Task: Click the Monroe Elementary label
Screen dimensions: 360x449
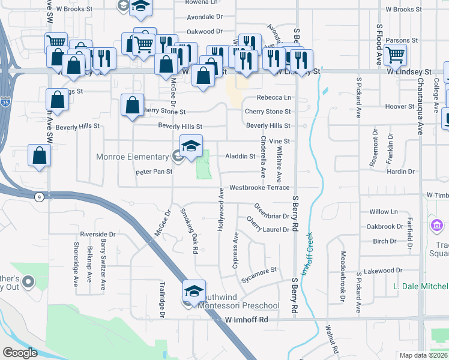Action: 133,157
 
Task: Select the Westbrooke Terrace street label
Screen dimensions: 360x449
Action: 259,188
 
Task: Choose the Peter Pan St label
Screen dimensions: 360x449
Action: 154,172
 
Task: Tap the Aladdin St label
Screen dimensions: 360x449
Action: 240,156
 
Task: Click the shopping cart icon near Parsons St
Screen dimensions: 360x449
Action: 396,55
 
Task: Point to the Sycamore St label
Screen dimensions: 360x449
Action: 259,271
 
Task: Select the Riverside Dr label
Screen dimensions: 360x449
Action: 97,234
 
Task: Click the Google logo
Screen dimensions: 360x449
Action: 19,353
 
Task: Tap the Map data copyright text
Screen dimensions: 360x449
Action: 423,355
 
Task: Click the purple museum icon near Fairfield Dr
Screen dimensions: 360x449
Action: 436,227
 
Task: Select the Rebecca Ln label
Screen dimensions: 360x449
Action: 274,98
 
